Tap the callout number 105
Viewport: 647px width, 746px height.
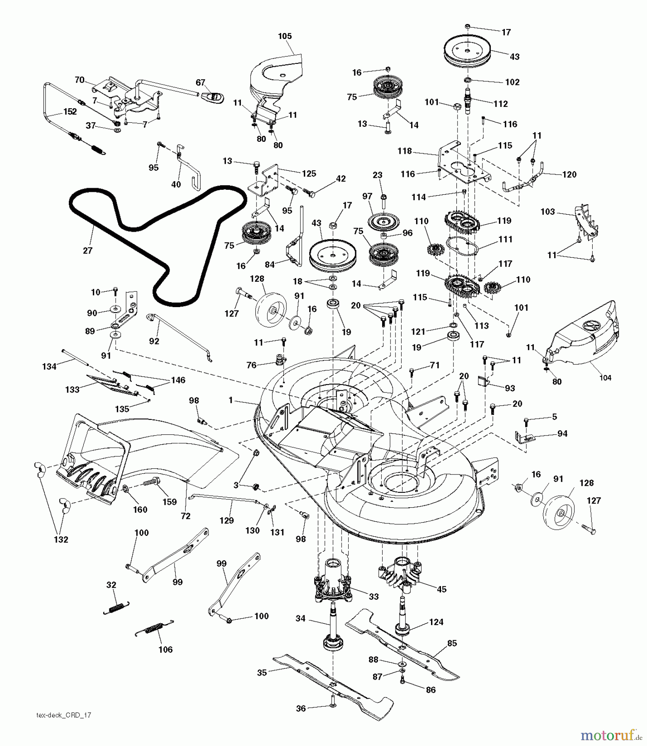285,36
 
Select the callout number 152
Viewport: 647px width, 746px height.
70,112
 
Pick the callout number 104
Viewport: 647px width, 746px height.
605,378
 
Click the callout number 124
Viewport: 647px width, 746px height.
436,622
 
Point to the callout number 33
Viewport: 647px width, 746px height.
374,596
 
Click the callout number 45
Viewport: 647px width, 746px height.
442,589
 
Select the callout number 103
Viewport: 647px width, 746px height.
548,212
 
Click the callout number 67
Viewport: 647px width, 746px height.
201,82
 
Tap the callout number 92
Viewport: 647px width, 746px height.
154,341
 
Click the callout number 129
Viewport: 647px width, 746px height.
227,520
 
